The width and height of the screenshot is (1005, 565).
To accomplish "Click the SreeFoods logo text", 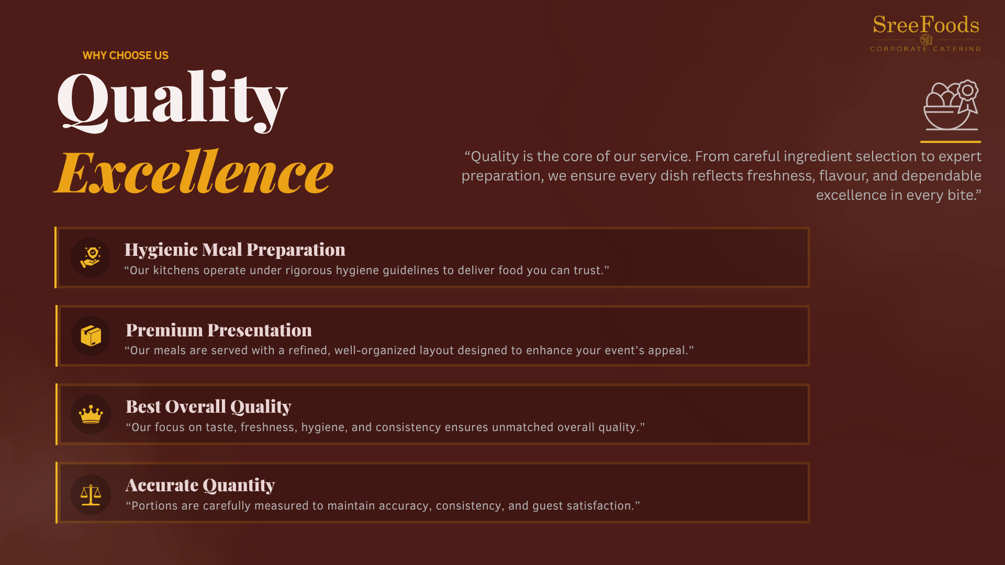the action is [x=926, y=25].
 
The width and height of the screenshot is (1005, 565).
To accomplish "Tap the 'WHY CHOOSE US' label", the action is [x=126, y=55].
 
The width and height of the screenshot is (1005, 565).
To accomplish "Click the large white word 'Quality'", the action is [x=172, y=100].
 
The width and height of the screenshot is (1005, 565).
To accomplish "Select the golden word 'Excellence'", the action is [x=194, y=172].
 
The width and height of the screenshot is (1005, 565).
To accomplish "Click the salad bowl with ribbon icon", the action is [x=951, y=105].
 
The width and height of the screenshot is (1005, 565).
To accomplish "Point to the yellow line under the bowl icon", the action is [x=951, y=142].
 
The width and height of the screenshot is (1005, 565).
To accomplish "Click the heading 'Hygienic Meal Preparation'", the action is [x=235, y=250].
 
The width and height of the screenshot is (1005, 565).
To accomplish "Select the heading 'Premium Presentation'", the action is [x=219, y=330].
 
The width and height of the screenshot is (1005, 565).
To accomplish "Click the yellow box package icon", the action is [x=91, y=336].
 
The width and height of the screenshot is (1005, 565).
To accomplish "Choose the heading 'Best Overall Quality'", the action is [x=208, y=407].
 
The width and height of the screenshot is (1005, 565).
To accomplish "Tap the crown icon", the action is [x=91, y=414].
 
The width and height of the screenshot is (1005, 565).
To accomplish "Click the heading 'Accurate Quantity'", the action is [x=200, y=485].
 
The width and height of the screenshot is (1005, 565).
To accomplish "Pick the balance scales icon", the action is [x=91, y=494].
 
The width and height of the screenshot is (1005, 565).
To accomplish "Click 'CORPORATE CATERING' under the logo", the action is [x=925, y=49].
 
